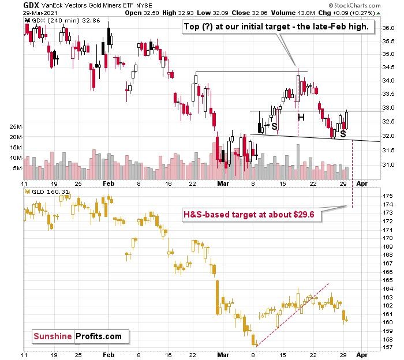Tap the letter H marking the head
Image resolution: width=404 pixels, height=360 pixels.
click(301, 118)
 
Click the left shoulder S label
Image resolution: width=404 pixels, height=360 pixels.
click(275, 126)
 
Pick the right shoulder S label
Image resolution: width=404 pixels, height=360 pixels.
click(343, 134)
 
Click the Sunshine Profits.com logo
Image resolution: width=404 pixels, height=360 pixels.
click(80, 336)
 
